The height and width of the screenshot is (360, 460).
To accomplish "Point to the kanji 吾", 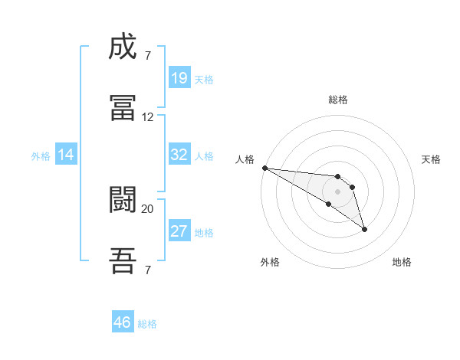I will tap(123, 260).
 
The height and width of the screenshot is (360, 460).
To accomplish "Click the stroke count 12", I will tap(148, 117).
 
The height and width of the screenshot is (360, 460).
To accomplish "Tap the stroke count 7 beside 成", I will tap(147, 56).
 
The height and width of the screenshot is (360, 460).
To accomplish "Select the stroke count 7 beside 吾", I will tap(147, 270).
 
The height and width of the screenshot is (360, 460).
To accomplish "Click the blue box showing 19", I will tap(179, 78).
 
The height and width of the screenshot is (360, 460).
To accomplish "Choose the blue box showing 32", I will tap(179, 155).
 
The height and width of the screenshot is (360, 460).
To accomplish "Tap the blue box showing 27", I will tap(179, 231).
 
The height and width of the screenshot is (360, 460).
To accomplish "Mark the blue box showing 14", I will tap(66, 155).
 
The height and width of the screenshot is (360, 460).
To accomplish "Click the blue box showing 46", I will tap(123, 322).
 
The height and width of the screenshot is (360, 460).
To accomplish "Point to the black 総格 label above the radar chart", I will tap(337, 100).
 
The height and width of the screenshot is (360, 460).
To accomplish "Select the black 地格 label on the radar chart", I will tap(402, 262).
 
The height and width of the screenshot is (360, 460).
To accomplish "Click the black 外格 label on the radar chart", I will tap(270, 262).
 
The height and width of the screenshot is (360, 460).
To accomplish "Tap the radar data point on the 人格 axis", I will tap(264, 168).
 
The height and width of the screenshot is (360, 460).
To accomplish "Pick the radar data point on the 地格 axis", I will tap(364, 229).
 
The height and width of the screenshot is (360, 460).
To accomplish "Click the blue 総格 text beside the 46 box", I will tap(147, 324).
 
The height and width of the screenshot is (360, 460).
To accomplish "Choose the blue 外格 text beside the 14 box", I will tap(41, 156).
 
